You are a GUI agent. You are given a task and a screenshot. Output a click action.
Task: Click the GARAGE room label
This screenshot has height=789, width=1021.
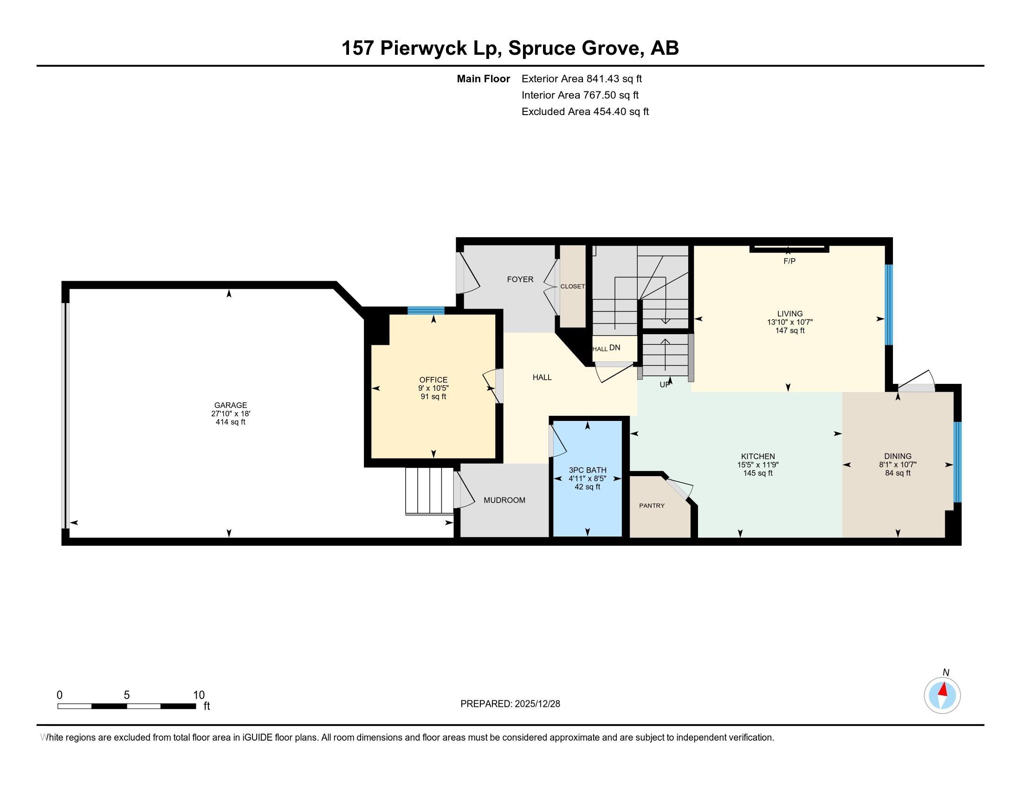click(x=231, y=405)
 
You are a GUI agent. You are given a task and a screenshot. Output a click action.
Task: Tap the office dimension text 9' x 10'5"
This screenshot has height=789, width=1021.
click(x=433, y=388)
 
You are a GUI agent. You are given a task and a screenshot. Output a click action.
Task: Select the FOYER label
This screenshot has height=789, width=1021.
click(x=520, y=279)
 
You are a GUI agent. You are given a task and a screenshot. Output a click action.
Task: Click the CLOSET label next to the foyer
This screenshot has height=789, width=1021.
click(x=572, y=286)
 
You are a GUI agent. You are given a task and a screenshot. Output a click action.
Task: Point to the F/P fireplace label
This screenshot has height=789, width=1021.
click(x=789, y=261)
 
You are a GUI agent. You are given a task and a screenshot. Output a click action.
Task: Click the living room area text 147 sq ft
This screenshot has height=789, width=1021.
click(x=789, y=330)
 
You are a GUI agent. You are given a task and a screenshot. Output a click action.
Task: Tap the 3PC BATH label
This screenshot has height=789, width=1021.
click(x=587, y=470)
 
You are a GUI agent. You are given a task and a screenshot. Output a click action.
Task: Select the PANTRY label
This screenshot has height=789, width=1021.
click(x=652, y=506)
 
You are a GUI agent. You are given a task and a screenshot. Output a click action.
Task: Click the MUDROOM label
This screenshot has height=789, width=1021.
click(x=504, y=500)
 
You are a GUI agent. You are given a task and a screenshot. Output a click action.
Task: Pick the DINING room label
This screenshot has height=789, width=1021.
click(x=898, y=456)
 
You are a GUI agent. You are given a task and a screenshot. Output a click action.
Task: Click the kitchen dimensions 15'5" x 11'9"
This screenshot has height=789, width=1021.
click(x=758, y=465)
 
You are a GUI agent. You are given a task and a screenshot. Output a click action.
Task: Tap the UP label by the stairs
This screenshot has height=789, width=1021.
click(x=664, y=385)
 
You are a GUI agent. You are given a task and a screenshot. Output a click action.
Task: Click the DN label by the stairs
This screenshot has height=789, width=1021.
click(x=615, y=348)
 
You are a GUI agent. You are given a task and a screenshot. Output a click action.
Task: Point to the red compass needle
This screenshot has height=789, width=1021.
click(x=943, y=689)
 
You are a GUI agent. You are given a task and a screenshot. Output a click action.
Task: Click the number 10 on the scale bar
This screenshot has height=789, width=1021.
click(x=199, y=695)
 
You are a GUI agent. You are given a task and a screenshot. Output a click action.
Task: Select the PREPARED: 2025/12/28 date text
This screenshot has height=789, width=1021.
click(x=510, y=704)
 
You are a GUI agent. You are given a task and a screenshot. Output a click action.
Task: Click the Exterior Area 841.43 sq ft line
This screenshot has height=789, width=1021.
click(x=582, y=79)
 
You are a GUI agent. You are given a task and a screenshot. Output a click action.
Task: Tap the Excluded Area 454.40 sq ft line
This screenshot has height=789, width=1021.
click(x=585, y=112)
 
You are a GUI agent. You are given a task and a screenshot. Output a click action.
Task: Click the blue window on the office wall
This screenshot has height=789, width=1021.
click(x=426, y=310)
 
